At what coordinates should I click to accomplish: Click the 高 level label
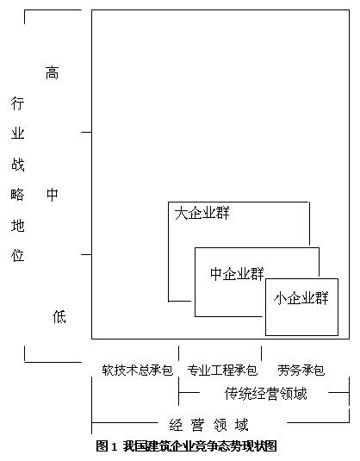[x=52, y=73]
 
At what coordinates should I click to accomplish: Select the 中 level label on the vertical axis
[x=53, y=195]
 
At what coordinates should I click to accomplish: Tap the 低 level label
[x=59, y=317]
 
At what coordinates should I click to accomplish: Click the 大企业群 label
[x=202, y=213]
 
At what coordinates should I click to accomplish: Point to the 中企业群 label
[x=237, y=274]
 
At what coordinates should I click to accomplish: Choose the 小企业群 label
[x=301, y=298]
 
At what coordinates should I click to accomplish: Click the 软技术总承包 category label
[x=138, y=371]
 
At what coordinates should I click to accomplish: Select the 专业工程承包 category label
[x=222, y=371]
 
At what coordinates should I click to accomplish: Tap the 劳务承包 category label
[x=301, y=371]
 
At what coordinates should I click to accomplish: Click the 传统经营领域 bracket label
[x=265, y=394]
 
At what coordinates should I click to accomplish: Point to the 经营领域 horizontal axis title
[x=208, y=425]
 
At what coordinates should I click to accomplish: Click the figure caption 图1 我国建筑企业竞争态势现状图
[x=186, y=446]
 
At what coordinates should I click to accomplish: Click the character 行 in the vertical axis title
[x=17, y=103]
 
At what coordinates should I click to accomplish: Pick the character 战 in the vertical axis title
[x=17, y=164]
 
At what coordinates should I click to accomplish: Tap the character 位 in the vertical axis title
[x=17, y=255]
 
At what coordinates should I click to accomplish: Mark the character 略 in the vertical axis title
[x=17, y=195]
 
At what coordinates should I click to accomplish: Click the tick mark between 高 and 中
[x=86, y=133]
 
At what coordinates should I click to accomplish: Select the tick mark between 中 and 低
[x=86, y=254]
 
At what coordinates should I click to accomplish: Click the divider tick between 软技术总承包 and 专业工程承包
[x=178, y=353]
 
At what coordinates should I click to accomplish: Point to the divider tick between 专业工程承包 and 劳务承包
[x=261, y=353]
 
